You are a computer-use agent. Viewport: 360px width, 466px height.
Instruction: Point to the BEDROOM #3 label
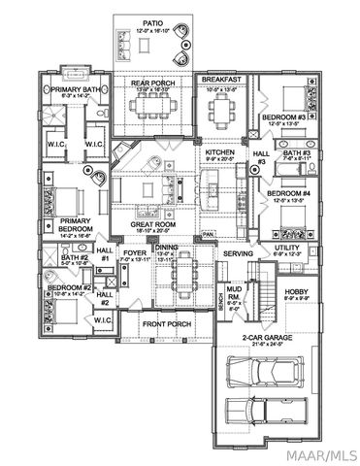(283, 117)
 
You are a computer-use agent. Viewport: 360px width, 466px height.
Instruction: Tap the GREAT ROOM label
(151, 224)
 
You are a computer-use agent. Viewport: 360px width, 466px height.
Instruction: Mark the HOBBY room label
(296, 290)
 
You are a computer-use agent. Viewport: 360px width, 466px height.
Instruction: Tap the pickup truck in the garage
(263, 409)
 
